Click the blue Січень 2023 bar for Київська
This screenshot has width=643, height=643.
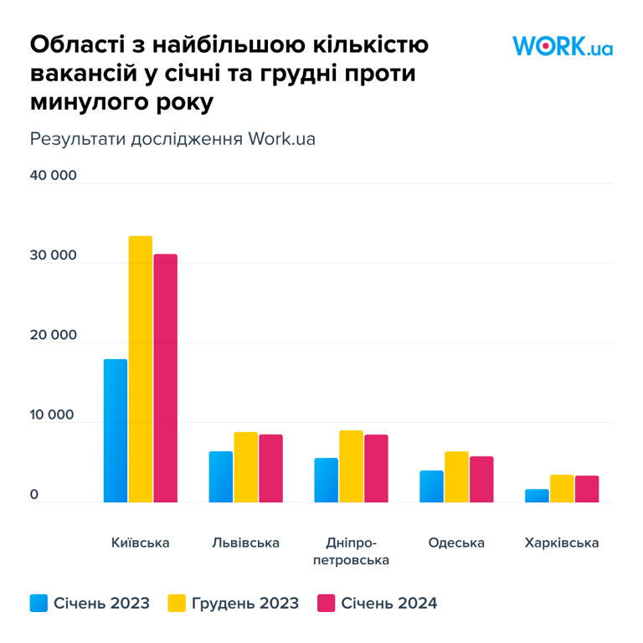[116, 430]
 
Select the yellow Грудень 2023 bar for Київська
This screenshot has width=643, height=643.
[141, 369]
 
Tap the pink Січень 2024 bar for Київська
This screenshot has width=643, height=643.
[165, 378]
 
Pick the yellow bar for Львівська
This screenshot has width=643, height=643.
[246, 467]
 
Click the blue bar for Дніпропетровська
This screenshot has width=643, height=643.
[327, 480]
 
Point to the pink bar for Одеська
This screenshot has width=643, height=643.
[481, 479]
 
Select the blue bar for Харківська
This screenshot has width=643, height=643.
[537, 496]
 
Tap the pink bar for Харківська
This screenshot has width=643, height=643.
[587, 489]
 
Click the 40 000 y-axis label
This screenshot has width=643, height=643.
[54, 176]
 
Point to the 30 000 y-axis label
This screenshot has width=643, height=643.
[54, 255]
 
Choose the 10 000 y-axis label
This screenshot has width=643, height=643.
[54, 415]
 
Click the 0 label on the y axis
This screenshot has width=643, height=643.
[34, 495]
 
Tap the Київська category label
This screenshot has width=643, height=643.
[141, 543]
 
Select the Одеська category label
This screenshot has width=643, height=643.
[456, 543]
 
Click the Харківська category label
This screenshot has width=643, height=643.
[562, 543]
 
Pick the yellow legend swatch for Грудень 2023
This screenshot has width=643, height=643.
[177, 603]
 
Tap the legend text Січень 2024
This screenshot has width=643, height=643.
[389, 603]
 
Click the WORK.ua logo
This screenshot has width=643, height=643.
[563, 46]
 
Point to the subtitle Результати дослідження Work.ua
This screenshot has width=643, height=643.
[172, 138]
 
